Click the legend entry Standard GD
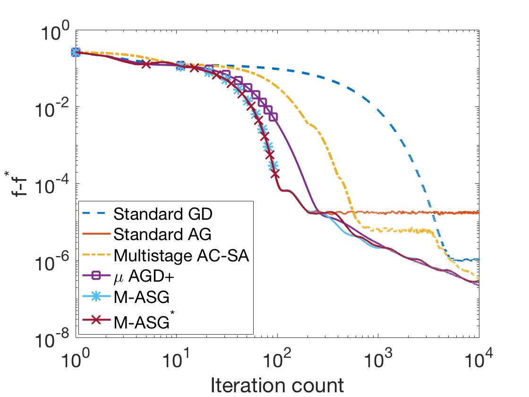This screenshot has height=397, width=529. point(163,214)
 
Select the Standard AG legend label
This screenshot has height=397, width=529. point(163,234)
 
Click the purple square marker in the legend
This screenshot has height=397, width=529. point(96,276)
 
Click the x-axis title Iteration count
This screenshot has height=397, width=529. point(277,385)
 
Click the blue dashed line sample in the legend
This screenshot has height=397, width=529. point(96,214)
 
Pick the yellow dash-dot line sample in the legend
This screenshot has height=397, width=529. point(96,256)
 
